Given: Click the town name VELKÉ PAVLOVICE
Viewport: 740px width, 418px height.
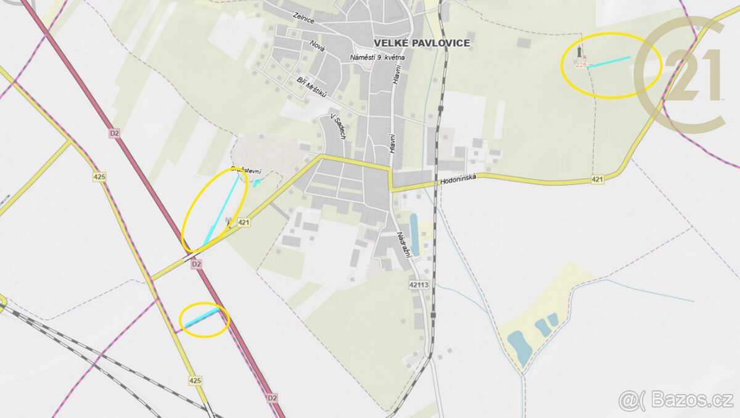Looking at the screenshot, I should [x=422, y=43].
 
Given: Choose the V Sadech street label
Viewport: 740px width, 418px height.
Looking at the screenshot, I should [x=337, y=126].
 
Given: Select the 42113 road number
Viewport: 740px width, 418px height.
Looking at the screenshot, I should [x=418, y=285].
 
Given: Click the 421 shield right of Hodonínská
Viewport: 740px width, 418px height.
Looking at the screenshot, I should [x=596, y=179].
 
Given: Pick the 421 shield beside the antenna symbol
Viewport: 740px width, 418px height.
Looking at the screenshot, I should [x=244, y=223].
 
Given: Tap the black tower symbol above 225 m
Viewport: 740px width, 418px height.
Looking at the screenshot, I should [x=580, y=52].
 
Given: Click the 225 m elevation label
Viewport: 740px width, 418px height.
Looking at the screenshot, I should [x=583, y=65].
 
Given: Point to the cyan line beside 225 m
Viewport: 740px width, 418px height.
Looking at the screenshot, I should [x=610, y=61].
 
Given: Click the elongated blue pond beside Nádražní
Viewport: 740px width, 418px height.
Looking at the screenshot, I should [x=414, y=234].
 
